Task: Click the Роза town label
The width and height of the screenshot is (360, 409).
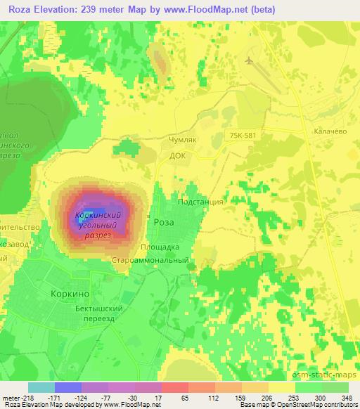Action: (164, 221)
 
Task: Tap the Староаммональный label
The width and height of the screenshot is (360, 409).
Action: (150, 260)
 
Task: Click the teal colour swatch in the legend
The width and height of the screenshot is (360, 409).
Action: (41, 387)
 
